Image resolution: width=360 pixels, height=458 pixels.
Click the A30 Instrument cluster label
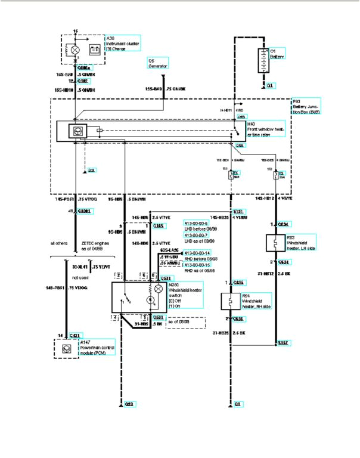122,44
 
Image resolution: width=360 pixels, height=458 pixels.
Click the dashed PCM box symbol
66,347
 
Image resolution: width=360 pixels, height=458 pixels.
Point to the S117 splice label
283,343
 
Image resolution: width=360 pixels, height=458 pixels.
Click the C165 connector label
159,226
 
